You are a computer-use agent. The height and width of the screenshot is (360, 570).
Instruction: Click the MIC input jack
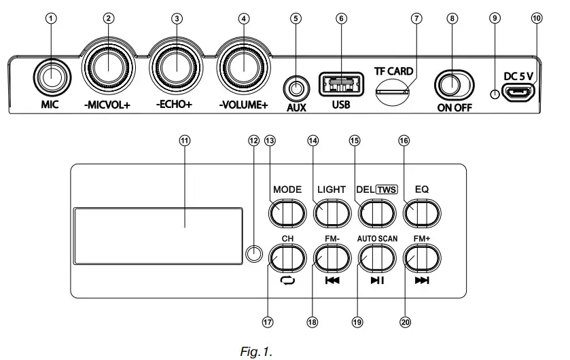pos(47,79)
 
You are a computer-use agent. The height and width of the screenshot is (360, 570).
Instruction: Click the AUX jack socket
pos(295,88)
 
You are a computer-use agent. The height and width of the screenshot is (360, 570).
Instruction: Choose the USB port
pos(340,86)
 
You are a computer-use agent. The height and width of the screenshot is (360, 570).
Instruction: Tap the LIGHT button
pos(331,214)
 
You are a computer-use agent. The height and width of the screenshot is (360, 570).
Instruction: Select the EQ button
pos(421,214)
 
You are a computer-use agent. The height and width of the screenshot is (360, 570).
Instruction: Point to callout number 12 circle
pos(253,141)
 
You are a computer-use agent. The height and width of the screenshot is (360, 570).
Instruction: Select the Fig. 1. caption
pos(256,351)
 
